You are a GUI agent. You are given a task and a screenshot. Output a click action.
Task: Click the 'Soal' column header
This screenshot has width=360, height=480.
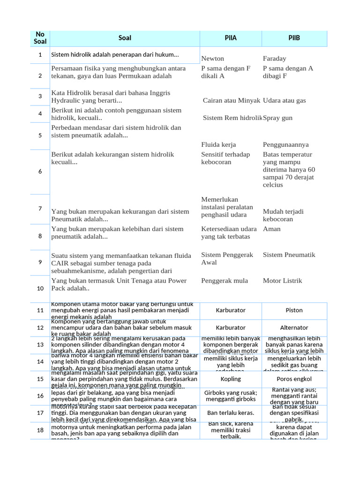click(125, 38)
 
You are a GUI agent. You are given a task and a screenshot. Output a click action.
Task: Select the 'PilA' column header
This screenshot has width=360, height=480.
click(230, 38)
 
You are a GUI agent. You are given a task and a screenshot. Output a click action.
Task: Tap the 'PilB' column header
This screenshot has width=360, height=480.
click(294, 38)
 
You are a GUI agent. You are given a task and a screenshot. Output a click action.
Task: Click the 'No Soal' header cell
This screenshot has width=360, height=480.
click(40, 38)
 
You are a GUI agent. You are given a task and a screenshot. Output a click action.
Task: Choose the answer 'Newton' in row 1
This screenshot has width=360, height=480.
click(213, 59)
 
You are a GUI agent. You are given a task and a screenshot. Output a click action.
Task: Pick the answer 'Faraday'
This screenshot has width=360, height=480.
click(275, 59)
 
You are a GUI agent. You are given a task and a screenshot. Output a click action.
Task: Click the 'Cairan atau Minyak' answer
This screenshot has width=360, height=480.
click(232, 100)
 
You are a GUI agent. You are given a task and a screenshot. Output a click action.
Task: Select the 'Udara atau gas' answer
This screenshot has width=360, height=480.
click(285, 100)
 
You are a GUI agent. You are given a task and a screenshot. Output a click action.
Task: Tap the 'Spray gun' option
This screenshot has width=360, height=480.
click(277, 118)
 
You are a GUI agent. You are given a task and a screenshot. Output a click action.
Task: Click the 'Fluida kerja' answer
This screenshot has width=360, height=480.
click(218, 144)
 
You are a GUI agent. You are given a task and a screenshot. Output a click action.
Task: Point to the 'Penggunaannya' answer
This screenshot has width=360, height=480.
click(286, 144)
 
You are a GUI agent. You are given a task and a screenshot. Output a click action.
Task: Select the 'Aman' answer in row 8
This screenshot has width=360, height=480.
click(272, 229)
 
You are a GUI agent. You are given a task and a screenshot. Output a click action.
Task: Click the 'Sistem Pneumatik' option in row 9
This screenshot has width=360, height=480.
click(289, 255)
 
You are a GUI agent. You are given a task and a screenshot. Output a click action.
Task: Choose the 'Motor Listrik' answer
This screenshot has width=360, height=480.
click(283, 280)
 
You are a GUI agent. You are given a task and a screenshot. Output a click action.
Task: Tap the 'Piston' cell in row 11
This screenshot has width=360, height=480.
click(294, 310)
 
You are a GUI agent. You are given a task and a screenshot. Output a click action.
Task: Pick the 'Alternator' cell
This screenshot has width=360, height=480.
click(294, 328)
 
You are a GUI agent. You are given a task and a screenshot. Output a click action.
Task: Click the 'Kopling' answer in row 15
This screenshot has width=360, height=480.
click(231, 379)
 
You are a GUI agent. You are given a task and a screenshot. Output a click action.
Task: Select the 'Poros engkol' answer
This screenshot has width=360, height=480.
click(294, 379)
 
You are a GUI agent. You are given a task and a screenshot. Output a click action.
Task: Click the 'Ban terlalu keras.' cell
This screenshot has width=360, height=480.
click(231, 413)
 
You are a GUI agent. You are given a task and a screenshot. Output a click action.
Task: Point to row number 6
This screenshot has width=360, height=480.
click(40, 172)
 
